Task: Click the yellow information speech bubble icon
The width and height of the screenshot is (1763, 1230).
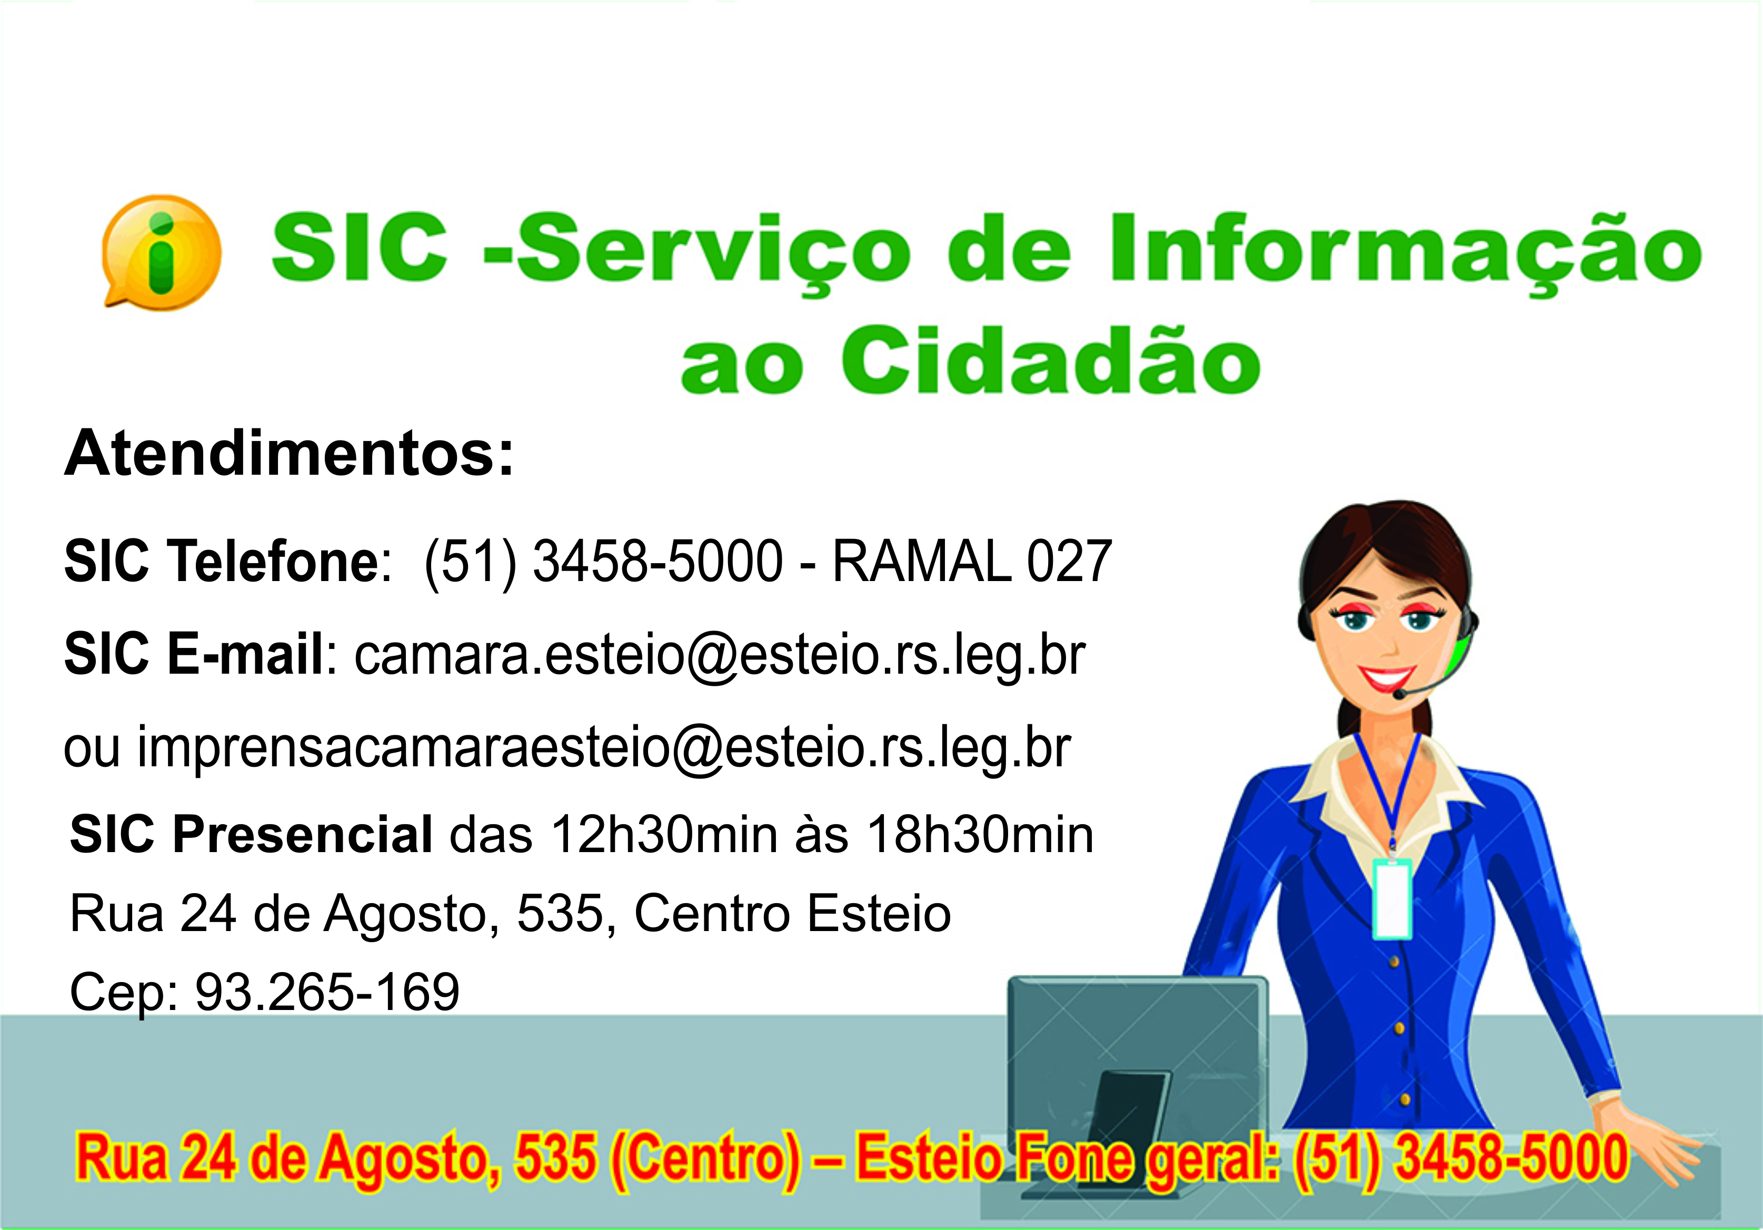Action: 161,252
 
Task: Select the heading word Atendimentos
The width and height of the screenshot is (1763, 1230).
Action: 288,455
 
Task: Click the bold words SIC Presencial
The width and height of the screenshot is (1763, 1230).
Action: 251,835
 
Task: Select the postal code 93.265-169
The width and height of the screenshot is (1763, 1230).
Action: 327,992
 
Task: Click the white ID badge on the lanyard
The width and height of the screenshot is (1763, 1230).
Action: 1392,899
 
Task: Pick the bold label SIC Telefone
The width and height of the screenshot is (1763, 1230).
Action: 221,561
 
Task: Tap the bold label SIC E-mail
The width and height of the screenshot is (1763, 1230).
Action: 194,655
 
